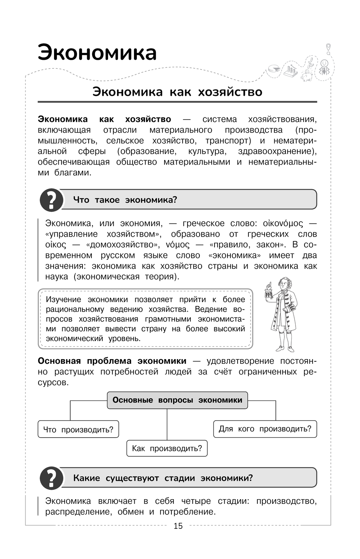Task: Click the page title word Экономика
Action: click(x=97, y=53)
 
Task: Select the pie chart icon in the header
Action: click(x=274, y=69)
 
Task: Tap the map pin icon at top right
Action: click(x=328, y=48)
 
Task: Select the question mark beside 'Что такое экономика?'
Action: click(x=51, y=200)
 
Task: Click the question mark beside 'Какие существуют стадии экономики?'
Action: click(x=51, y=478)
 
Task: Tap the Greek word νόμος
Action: click(x=177, y=245)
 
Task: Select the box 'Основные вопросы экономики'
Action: click(x=177, y=400)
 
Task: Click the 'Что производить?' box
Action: click(x=78, y=429)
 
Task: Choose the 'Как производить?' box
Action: click(x=167, y=448)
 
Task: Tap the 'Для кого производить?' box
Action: click(x=265, y=429)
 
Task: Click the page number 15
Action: click(x=178, y=526)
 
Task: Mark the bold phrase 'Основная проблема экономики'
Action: click(x=112, y=361)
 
